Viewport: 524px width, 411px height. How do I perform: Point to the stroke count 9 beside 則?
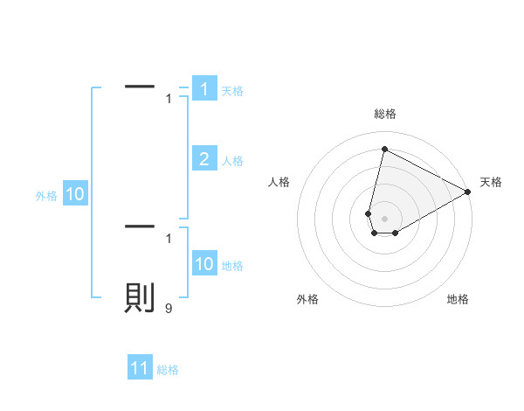(x=169, y=308)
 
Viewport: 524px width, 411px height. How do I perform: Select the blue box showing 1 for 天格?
(x=204, y=89)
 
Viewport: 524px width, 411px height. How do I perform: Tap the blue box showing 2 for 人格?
(x=204, y=159)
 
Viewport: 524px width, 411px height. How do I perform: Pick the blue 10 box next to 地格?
(x=204, y=264)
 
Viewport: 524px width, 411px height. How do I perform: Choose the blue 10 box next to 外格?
(x=75, y=195)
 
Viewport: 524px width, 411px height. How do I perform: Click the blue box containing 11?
(x=140, y=369)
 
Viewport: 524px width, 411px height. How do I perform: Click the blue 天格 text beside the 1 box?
(x=232, y=91)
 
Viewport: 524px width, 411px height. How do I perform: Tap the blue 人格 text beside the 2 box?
(x=232, y=161)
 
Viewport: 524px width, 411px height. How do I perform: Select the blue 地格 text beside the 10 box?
(x=232, y=266)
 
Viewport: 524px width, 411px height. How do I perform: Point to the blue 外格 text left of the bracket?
(x=46, y=197)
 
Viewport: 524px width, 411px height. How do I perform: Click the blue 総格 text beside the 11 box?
(x=168, y=371)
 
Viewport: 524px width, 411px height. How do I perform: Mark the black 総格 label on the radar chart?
(x=384, y=114)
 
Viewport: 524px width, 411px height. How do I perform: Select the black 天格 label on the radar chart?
(x=491, y=182)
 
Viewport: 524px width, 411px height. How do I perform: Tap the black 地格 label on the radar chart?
(x=458, y=300)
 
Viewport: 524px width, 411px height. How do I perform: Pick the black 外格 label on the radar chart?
(x=307, y=300)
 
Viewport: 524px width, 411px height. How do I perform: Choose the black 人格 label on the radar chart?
(x=279, y=182)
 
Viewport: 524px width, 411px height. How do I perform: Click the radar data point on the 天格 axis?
(x=468, y=192)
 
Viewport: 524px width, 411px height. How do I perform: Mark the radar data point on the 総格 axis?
(x=384, y=149)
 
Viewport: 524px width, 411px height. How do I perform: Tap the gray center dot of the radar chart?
(x=384, y=219)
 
